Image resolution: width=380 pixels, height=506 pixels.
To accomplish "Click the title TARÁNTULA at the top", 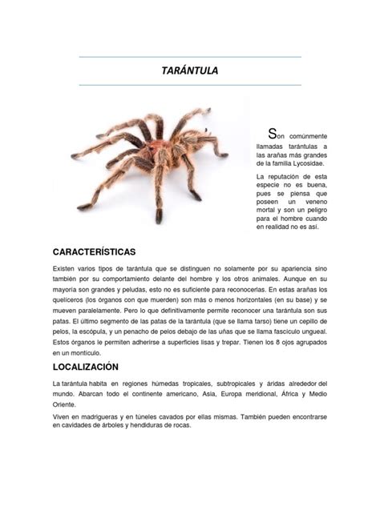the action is pyautogui.click(x=190, y=71).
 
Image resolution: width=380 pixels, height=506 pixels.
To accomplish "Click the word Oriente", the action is pyautogui.click(x=66, y=404).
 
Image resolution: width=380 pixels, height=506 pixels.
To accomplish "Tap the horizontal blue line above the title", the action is pyautogui.click(x=190, y=58).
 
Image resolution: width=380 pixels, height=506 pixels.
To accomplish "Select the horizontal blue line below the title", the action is pyautogui.click(x=190, y=85).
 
